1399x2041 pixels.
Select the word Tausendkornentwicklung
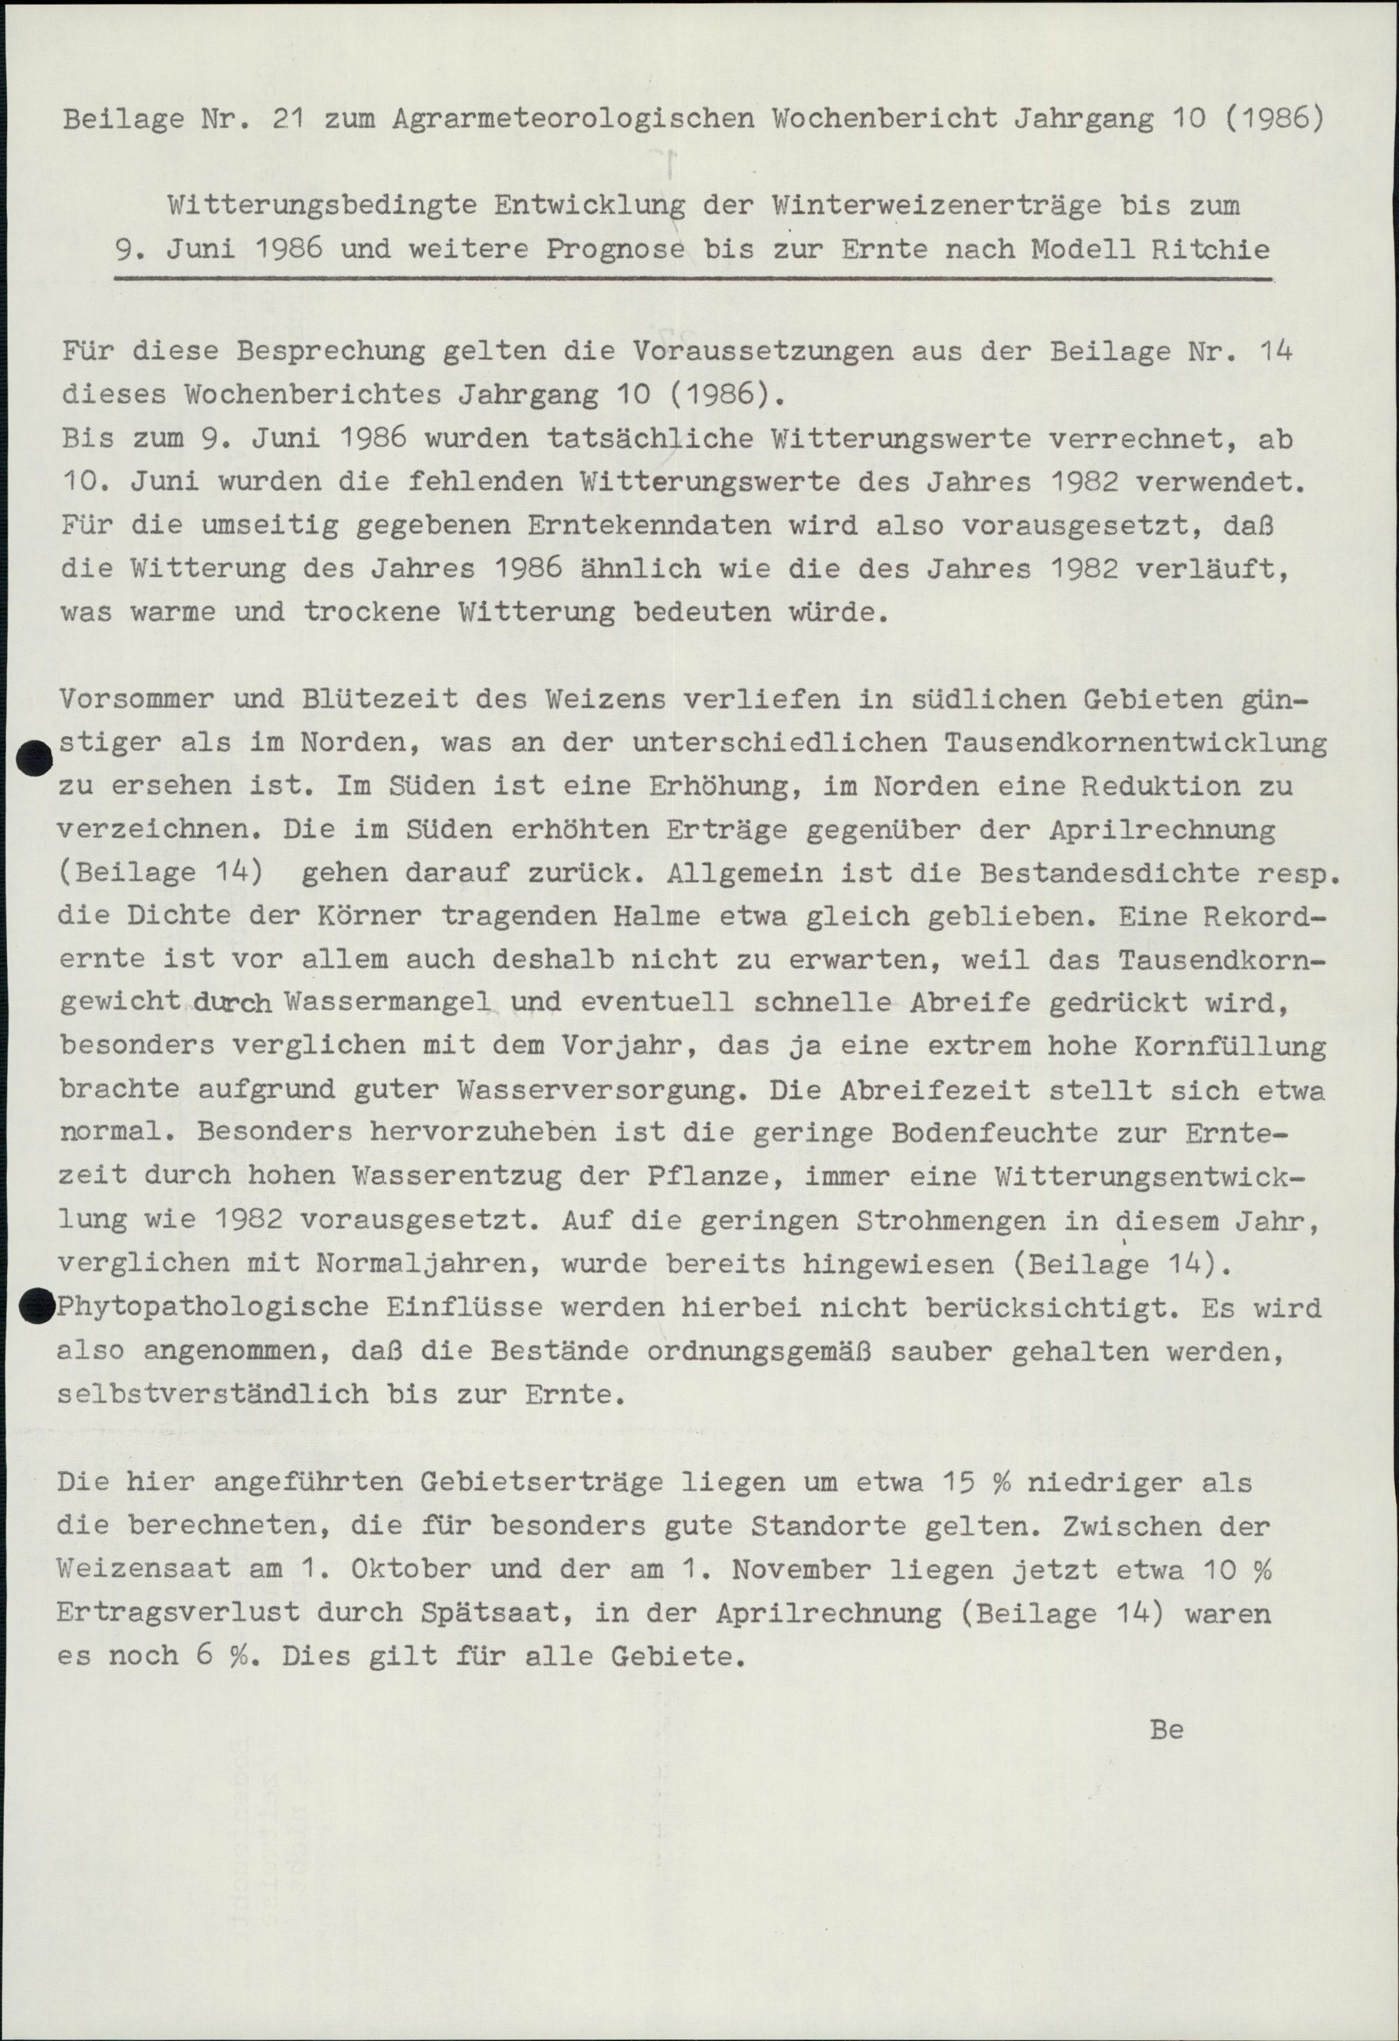pyautogui.click(x=1135, y=744)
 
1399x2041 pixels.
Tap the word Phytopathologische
pyautogui.click(x=212, y=1308)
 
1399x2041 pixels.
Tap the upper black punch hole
pyautogui.click(x=34, y=758)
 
